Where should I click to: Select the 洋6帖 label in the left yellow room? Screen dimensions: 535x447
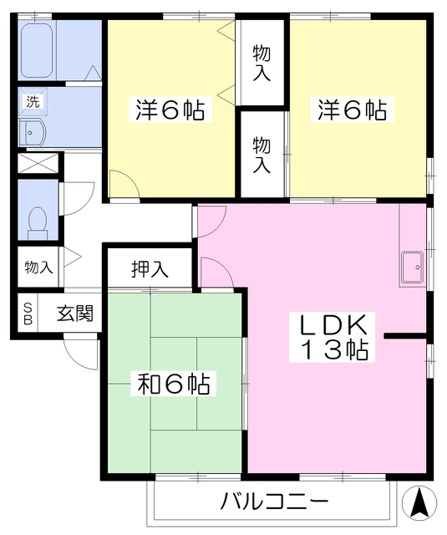click(170, 110)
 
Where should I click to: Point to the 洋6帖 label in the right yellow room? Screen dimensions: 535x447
click(351, 110)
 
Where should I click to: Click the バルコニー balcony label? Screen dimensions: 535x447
click(275, 502)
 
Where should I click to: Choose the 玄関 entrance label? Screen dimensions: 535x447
click(74, 314)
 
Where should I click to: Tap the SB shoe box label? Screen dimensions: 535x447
click(27, 314)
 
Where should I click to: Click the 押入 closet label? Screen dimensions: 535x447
click(150, 269)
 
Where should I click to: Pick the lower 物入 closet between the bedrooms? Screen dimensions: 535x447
click(262, 153)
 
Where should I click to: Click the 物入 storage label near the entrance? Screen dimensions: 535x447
click(38, 267)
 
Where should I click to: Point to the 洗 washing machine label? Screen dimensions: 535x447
click(33, 102)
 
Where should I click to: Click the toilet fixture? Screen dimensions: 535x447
click(37, 220)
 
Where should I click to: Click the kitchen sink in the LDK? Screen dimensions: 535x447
click(413, 267)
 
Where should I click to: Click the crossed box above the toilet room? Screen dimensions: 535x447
click(38, 164)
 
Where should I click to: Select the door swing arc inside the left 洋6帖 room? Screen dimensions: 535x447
click(120, 186)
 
